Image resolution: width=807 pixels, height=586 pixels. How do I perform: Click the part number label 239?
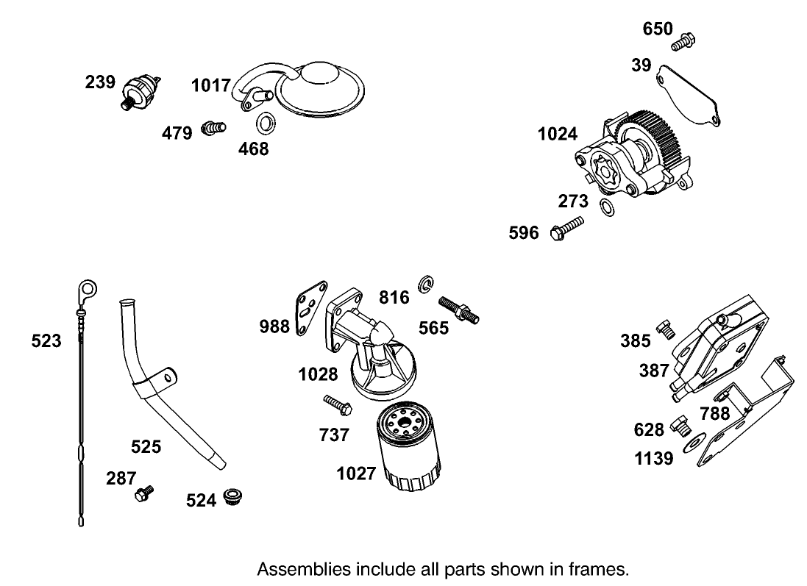[99, 82]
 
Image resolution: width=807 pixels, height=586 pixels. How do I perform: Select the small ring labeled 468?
[266, 124]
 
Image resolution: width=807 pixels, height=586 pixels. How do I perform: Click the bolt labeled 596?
[567, 227]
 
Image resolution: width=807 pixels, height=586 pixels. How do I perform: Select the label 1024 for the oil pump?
[557, 134]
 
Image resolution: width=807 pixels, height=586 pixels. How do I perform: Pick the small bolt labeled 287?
[143, 493]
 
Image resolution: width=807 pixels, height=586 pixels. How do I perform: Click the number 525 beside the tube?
[146, 446]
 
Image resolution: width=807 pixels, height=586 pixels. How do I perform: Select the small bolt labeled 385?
[666, 329]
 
